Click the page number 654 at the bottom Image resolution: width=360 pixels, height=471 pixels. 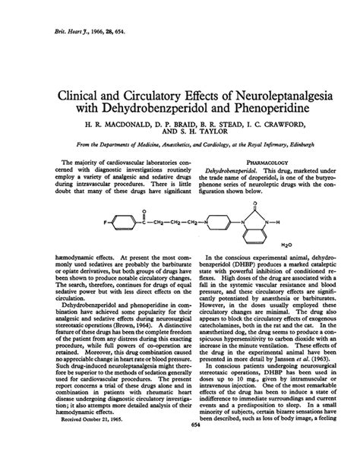[181, 446]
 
